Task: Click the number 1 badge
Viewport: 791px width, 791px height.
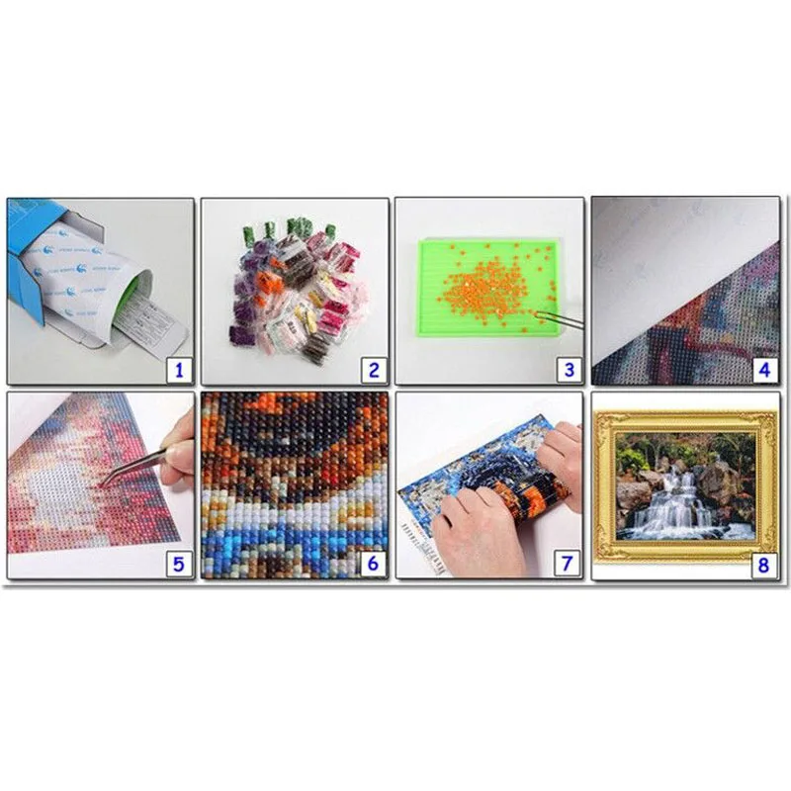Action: [x=179, y=371]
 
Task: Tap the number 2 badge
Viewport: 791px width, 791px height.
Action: [x=374, y=371]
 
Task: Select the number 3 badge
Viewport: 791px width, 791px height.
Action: [x=568, y=371]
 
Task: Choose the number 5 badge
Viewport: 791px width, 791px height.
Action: [x=179, y=564]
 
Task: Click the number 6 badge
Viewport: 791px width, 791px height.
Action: [x=374, y=564]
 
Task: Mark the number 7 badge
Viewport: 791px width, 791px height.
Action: [x=568, y=564]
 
